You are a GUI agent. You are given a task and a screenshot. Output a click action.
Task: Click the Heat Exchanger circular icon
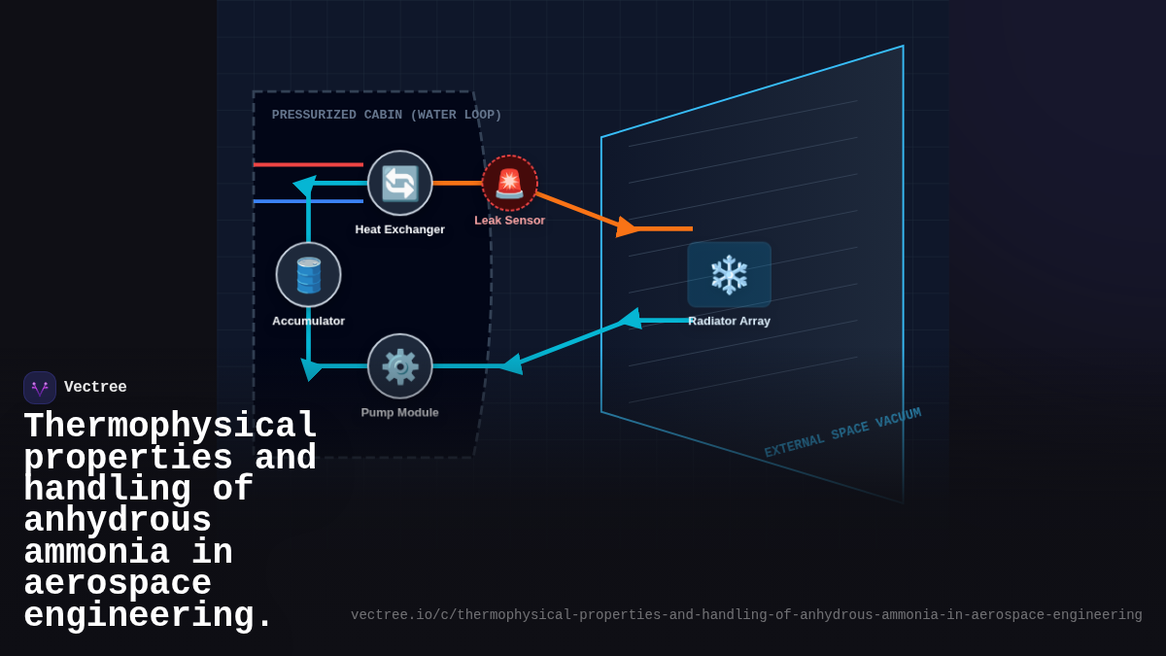click(x=399, y=183)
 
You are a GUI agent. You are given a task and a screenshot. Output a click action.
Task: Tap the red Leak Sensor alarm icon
click(x=509, y=183)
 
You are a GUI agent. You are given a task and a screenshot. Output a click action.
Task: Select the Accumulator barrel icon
click(x=308, y=274)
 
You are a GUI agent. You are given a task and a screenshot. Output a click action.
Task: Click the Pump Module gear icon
click(x=399, y=365)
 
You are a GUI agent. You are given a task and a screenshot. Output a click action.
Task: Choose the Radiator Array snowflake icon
click(x=729, y=274)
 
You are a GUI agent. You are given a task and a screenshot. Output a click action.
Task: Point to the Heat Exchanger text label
click(x=399, y=229)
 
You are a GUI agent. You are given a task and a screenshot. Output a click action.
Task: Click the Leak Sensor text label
click(x=509, y=221)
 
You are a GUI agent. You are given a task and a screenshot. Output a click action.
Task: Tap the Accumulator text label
click(x=308, y=321)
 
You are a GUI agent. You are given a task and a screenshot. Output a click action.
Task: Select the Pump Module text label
click(x=399, y=412)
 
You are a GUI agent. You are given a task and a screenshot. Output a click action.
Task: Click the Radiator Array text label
click(x=729, y=321)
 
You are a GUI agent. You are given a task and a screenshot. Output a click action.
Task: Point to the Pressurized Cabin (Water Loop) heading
click(x=387, y=115)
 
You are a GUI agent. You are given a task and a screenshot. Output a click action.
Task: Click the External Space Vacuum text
click(x=842, y=432)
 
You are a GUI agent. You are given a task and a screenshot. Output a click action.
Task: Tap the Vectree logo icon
click(x=40, y=388)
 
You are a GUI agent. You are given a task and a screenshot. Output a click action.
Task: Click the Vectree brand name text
click(x=95, y=388)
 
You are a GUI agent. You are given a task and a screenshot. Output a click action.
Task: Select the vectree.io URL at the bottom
click(x=746, y=615)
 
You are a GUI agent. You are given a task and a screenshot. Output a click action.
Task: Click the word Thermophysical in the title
click(x=170, y=427)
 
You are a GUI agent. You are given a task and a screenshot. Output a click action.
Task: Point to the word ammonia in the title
click(x=96, y=553)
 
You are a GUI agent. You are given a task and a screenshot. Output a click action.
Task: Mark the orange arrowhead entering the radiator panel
click(x=627, y=227)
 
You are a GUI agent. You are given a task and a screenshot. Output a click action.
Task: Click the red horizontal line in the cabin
click(x=308, y=164)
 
